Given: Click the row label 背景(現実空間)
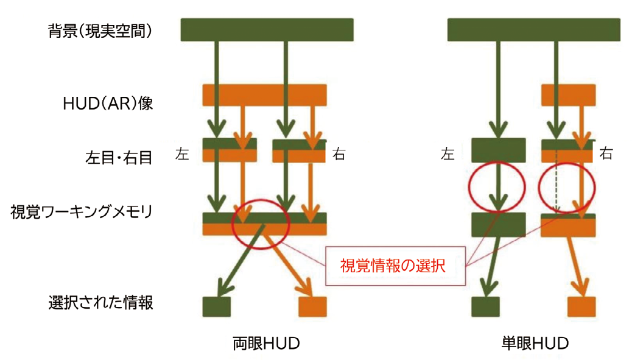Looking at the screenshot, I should [100, 30].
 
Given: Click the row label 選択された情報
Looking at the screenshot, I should [101, 302].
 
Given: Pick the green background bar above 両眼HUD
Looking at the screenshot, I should [267, 30].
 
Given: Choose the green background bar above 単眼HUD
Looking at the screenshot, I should [533, 30].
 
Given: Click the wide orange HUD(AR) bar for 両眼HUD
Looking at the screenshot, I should [264, 95].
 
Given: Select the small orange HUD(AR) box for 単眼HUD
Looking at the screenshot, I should [568, 94].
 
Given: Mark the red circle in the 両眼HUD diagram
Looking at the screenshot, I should [261, 224].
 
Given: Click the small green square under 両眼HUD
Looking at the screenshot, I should [216, 306].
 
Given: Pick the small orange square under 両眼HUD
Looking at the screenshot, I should [312, 306].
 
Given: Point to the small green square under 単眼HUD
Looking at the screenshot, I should [485, 306].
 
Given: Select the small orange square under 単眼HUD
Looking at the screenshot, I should [581, 306].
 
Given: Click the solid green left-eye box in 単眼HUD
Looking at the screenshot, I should [499, 150].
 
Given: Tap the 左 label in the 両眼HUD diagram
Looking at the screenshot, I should [182, 154].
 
